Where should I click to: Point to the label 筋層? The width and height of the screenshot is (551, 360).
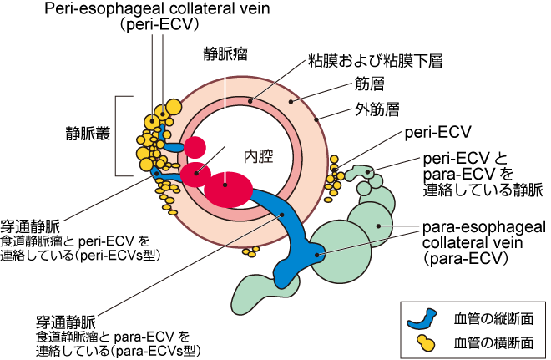tap(367, 86)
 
